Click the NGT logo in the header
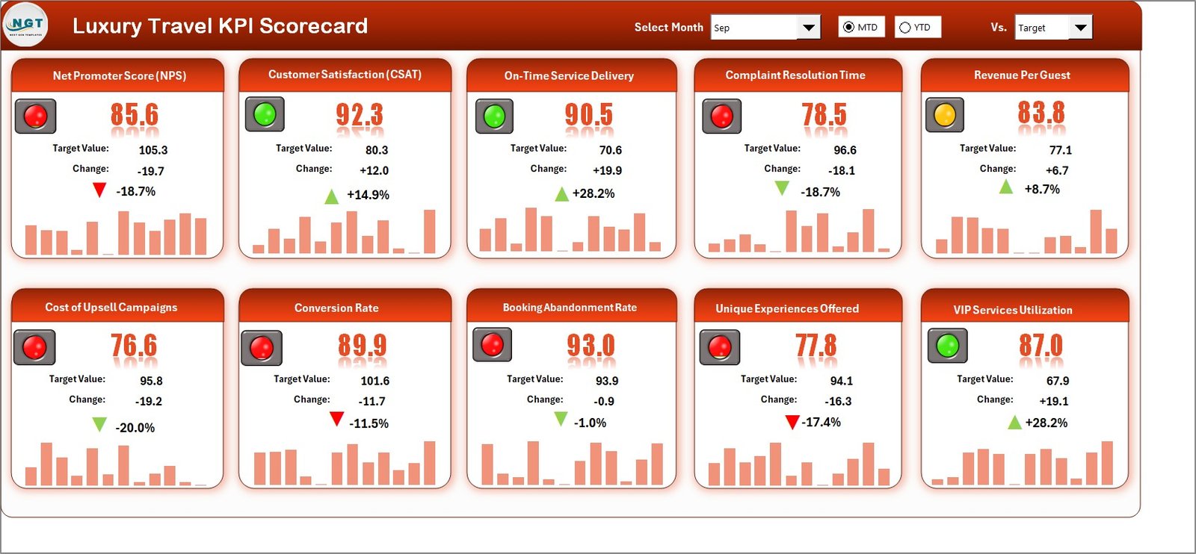[25, 25]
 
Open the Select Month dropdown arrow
[808, 28]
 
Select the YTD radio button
[905, 28]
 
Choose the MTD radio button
[848, 28]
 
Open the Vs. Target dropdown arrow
[1080, 28]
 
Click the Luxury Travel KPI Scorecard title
[220, 26]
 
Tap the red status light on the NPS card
[35, 116]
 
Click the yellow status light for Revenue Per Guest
[945, 115]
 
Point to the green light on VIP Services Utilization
[948, 345]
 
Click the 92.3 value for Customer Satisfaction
[359, 116]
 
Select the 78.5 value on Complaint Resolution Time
[824, 116]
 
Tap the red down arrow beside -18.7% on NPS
[99, 190]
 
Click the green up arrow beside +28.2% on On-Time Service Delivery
[561, 194]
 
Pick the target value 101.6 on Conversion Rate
[374, 381]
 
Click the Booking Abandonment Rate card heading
[570, 308]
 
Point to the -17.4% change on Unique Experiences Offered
[822, 423]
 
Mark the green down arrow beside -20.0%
[99, 425]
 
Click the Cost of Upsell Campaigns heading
[111, 308]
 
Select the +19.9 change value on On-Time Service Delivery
[607, 170]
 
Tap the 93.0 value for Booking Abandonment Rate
[590, 346]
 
